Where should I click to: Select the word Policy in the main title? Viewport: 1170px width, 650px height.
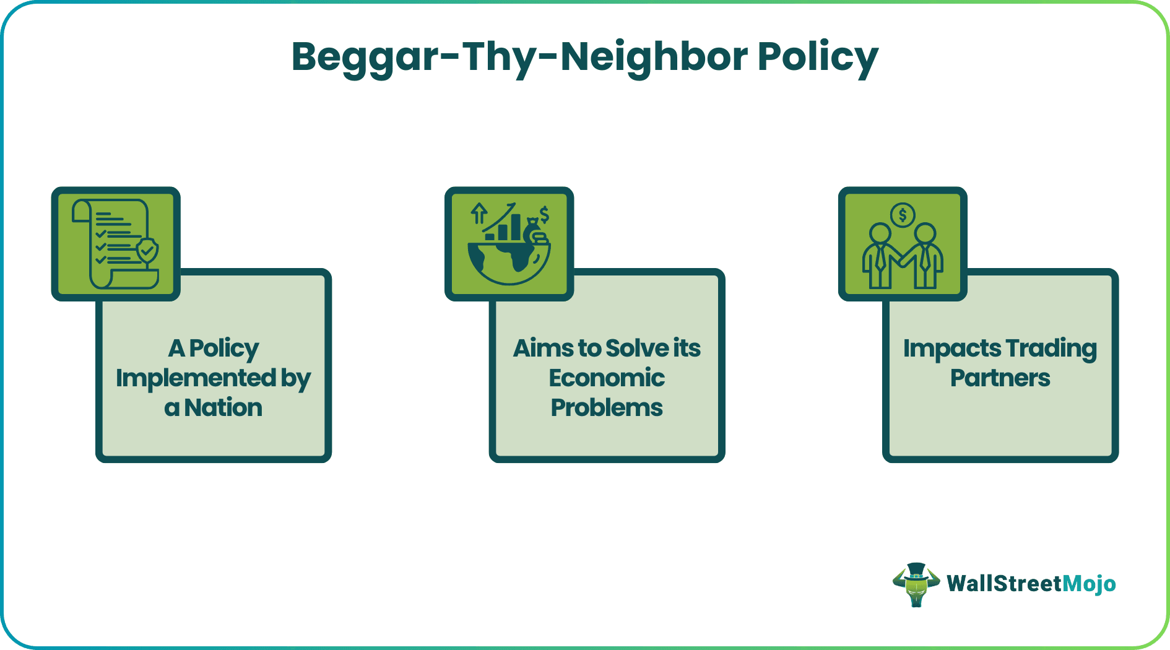[x=818, y=58]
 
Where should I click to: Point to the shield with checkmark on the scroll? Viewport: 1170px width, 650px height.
[x=147, y=250]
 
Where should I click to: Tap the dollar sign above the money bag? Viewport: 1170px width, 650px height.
[x=544, y=215]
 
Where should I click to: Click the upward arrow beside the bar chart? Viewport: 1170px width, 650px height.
[x=479, y=214]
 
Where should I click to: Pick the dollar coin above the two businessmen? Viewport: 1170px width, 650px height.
[x=903, y=215]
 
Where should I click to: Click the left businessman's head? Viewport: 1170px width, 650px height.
[x=880, y=234]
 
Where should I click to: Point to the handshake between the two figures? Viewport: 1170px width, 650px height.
[x=902, y=256]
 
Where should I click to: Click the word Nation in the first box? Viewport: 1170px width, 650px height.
[x=223, y=408]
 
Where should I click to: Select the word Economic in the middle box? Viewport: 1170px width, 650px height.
[x=607, y=378]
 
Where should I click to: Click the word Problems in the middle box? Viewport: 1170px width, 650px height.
[x=607, y=408]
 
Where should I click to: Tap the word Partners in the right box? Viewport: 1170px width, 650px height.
[x=1000, y=378]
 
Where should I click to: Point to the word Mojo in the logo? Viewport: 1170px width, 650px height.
[x=1089, y=584]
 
